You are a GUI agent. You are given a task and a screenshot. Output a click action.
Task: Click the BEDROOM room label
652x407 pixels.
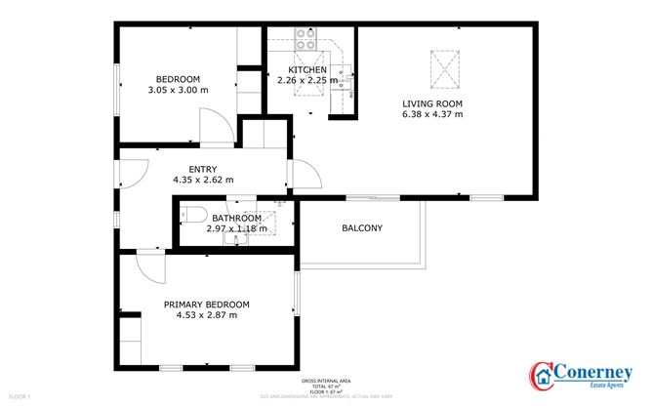179,79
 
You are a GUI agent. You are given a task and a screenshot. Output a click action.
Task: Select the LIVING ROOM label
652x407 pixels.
432,103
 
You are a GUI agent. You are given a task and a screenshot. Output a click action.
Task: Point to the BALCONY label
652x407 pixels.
362,228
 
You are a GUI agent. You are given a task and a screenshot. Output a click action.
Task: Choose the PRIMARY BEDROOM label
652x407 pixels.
206,304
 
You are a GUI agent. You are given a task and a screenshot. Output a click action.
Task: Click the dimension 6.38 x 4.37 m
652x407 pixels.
432,114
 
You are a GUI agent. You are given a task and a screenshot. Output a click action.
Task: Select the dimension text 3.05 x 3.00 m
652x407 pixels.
179,90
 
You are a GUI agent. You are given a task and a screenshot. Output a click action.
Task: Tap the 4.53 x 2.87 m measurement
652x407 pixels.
206,314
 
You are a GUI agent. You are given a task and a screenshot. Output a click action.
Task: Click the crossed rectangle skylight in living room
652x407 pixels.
444,70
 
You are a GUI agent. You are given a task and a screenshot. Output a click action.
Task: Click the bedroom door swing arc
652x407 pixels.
215,124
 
